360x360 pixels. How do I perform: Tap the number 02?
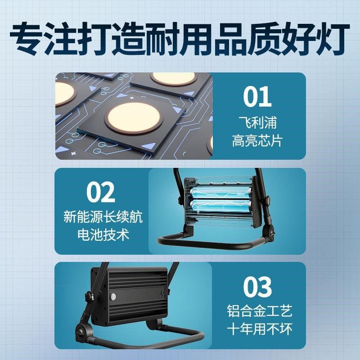[101, 192]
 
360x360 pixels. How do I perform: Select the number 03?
[258, 286]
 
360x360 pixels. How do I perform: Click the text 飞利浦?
[258, 122]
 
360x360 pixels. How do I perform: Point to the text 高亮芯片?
[258, 141]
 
